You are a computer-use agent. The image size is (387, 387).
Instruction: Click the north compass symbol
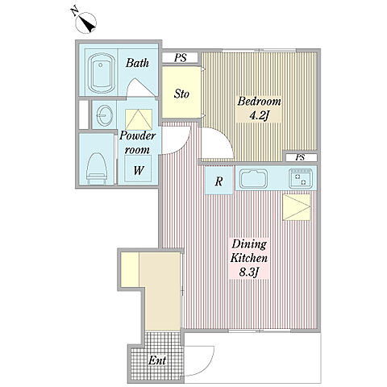[86, 23]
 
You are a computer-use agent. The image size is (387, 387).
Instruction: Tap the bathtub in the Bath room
[100, 73]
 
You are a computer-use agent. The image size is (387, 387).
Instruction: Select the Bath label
[137, 63]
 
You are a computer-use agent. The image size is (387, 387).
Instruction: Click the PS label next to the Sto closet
[181, 58]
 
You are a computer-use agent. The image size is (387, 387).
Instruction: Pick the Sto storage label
[181, 94]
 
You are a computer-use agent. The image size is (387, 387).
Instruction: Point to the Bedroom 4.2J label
[259, 108]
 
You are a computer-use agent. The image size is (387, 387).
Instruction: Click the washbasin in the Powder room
[104, 114]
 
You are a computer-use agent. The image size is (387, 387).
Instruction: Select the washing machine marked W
[138, 169]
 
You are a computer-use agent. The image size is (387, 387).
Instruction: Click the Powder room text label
[137, 143]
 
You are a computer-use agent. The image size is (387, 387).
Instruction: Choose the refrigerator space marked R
[218, 181]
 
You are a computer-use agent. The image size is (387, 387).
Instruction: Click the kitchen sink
[254, 178]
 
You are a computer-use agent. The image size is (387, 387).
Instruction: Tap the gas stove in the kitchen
[301, 178]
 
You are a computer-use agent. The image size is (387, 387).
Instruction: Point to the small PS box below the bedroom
[301, 157]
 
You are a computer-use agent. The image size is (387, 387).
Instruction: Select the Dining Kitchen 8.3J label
[249, 259]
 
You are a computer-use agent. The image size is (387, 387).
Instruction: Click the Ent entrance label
[157, 360]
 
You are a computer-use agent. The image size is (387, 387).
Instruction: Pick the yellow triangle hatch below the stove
[297, 207]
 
